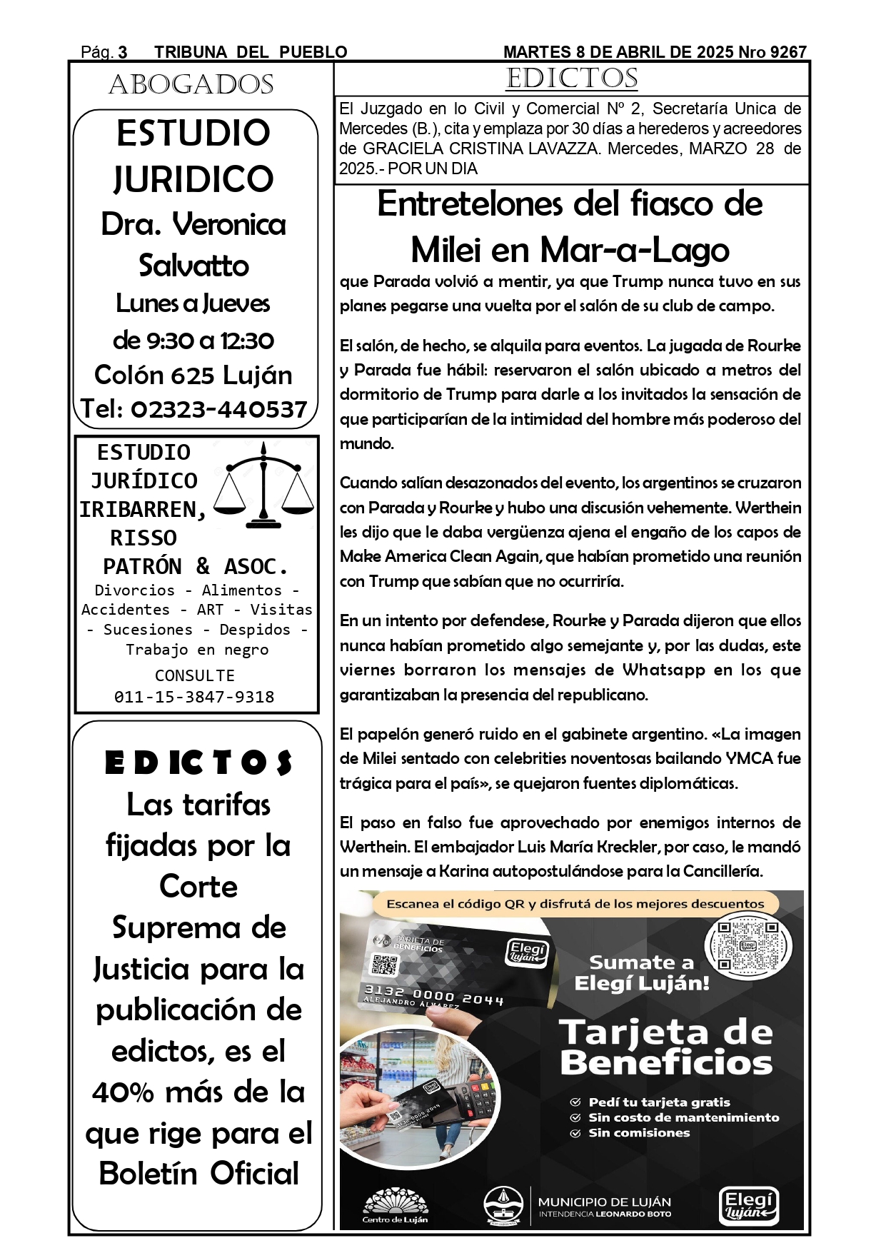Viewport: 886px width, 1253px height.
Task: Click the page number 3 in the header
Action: [x=123, y=52]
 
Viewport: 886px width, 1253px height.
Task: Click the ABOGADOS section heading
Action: [x=191, y=85]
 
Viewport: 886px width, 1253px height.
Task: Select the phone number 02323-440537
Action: [x=218, y=409]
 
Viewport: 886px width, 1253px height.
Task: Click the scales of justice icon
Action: [x=264, y=485]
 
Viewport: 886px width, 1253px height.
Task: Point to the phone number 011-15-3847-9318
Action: [x=194, y=697]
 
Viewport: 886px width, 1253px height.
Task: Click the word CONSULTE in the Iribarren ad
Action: [x=194, y=675]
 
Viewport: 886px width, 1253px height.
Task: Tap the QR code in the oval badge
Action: [x=747, y=947]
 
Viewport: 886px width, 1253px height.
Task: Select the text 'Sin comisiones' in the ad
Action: [x=639, y=1133]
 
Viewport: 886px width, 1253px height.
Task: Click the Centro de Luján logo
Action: [x=395, y=1206]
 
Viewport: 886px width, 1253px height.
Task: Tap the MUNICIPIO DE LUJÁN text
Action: [x=604, y=1202]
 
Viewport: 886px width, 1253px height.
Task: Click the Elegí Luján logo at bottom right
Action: [x=747, y=1206]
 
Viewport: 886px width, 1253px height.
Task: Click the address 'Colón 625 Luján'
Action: [x=193, y=375]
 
